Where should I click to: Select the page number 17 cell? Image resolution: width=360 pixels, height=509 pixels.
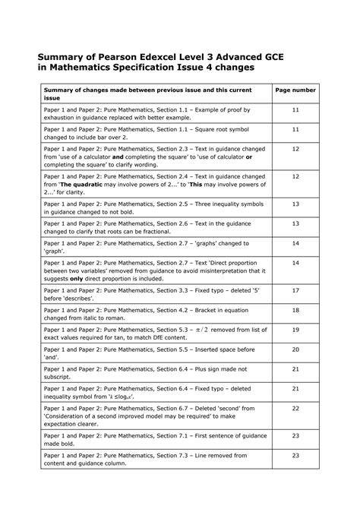295,290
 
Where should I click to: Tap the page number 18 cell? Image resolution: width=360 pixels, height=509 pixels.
295,310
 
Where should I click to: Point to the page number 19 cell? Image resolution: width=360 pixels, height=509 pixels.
295,330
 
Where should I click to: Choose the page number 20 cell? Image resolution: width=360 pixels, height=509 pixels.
295,349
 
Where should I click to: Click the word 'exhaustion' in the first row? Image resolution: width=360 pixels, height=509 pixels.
63,118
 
